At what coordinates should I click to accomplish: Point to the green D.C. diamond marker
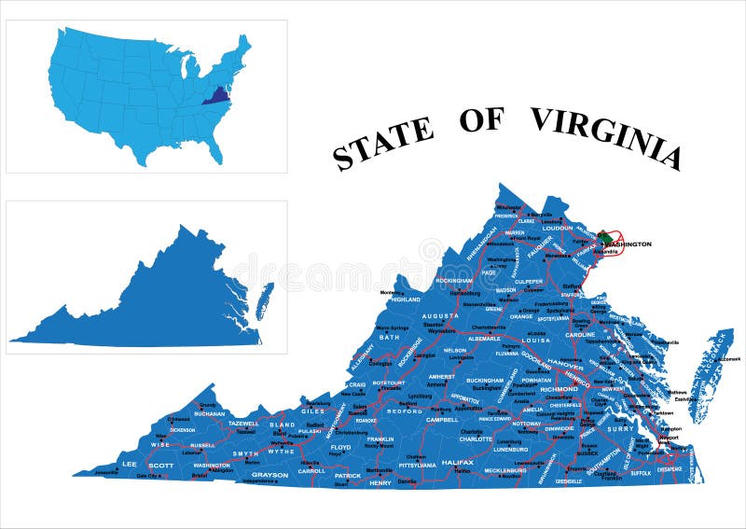[x=603, y=237]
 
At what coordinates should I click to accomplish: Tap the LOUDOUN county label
[x=557, y=227]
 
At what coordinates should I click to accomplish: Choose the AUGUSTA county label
[x=439, y=316]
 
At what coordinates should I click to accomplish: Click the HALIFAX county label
[x=458, y=462]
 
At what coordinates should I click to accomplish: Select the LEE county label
[x=129, y=464]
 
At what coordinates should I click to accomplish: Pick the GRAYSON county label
[x=269, y=475]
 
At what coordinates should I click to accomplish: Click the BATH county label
[x=389, y=336]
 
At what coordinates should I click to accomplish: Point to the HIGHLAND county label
[x=406, y=299]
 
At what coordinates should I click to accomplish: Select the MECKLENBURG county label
[x=504, y=470]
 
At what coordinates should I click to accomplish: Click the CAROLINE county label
[x=580, y=334]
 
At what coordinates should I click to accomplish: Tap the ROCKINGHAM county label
[x=453, y=280]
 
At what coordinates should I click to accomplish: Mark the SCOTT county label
[x=160, y=465]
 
